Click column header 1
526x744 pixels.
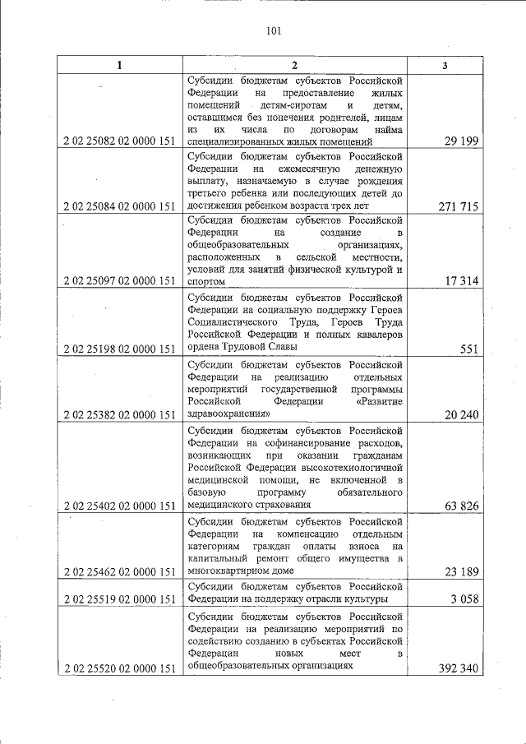click(119, 65)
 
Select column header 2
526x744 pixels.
click(295, 65)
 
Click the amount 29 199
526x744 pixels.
click(462, 141)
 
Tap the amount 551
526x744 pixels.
click(469, 349)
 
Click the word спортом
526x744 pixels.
click(205, 281)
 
